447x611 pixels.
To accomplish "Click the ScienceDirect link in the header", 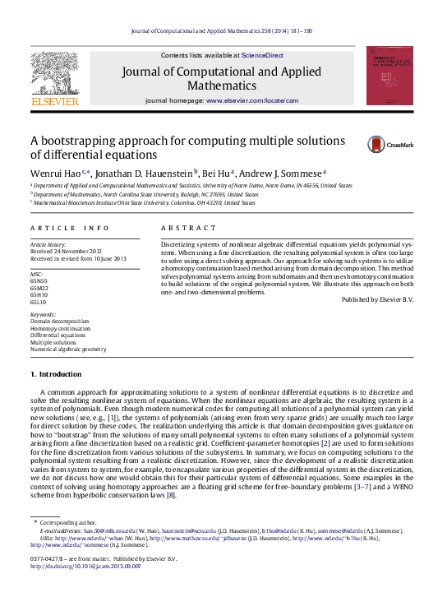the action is coord(262,55).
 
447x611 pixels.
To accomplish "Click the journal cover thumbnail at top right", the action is coord(389,76).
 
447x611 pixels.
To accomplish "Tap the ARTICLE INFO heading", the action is coord(69,227).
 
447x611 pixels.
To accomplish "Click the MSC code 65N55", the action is coord(39,281).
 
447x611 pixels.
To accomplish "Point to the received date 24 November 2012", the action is coord(70,252).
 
